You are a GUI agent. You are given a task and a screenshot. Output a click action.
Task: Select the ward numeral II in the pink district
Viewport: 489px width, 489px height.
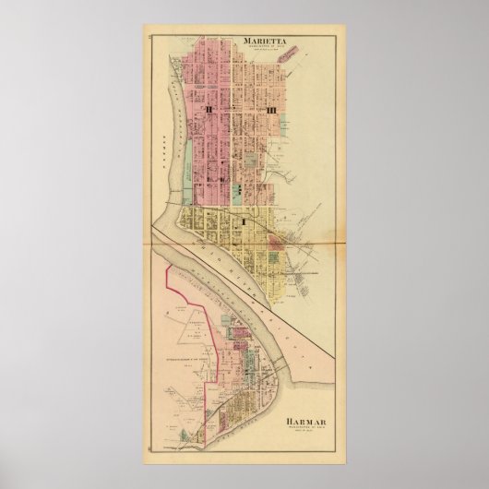211,110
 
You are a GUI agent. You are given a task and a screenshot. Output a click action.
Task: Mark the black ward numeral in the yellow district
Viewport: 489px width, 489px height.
242,221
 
